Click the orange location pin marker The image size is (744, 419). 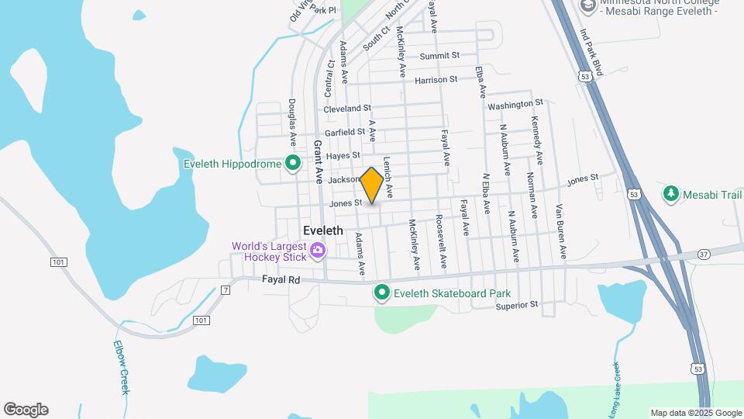tap(371, 185)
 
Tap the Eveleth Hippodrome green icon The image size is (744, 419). tap(292, 164)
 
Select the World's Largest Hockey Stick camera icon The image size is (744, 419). tap(317, 251)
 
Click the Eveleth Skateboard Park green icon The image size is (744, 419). tap(381, 293)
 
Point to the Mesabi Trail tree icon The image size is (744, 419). tap(670, 194)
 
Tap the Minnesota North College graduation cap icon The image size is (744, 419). tap(587, 6)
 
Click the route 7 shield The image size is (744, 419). tap(226, 290)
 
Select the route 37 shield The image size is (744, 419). tap(703, 255)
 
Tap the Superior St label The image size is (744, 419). tap(517, 305)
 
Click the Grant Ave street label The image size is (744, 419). tap(318, 161)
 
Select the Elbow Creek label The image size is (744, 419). tap(121, 367)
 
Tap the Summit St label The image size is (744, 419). tap(439, 56)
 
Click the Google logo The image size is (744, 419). tap(26, 410)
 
